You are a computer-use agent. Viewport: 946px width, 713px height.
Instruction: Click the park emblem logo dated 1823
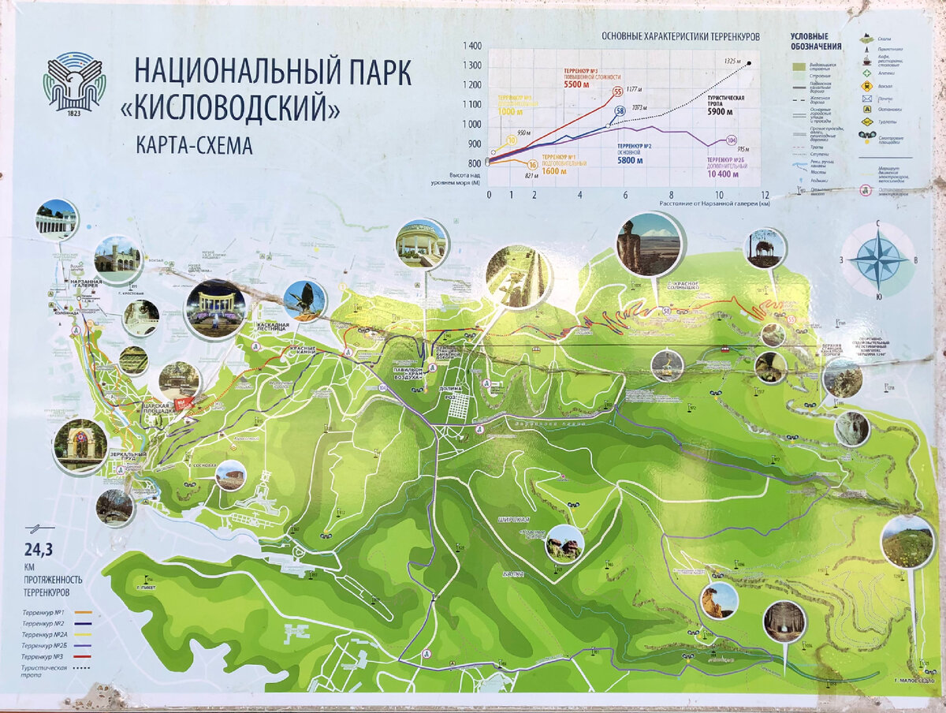[74, 82]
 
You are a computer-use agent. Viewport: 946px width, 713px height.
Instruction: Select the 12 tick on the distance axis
[764, 194]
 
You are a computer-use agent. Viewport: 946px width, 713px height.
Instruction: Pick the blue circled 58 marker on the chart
[620, 111]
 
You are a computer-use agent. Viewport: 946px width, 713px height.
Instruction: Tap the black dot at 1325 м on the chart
[749, 62]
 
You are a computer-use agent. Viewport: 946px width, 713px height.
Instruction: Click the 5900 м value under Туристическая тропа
[720, 112]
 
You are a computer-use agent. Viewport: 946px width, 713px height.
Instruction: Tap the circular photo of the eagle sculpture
[304, 301]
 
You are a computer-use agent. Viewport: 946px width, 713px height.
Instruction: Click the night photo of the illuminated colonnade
[215, 308]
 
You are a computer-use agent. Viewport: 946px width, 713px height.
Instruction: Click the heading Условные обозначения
[816, 41]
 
